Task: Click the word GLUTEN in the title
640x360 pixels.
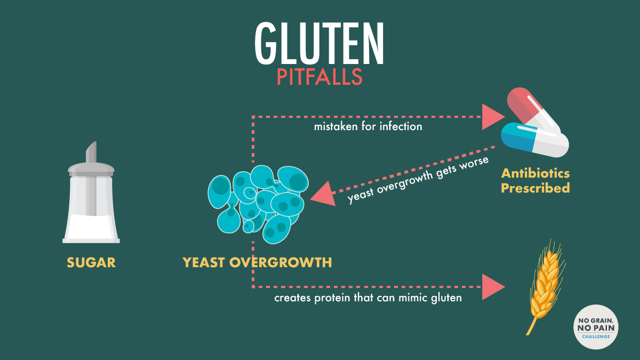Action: (x=319, y=43)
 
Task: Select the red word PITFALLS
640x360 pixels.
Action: (x=319, y=77)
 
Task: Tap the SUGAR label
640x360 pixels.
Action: (x=91, y=262)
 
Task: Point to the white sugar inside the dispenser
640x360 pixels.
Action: (x=91, y=227)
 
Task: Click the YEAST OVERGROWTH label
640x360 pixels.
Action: (x=257, y=262)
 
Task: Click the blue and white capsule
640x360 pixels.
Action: (x=535, y=140)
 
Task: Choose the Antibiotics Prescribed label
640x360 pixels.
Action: (x=535, y=181)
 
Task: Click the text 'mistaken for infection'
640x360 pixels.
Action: (x=368, y=126)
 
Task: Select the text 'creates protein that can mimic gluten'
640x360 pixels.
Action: (x=368, y=298)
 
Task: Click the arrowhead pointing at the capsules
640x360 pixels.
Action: (x=493, y=117)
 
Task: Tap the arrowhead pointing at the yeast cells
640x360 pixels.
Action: (x=323, y=194)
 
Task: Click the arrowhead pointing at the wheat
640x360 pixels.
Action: (x=493, y=287)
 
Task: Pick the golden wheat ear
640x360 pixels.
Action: (x=545, y=286)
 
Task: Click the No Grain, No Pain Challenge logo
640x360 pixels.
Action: (x=596, y=327)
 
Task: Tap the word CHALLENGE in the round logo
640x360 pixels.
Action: (x=596, y=337)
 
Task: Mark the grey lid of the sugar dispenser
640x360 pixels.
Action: (x=91, y=170)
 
